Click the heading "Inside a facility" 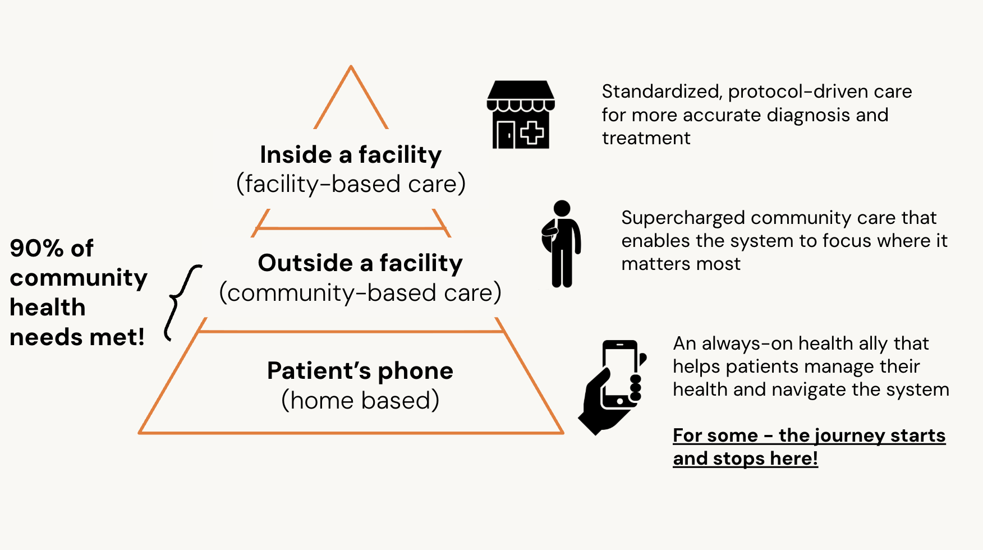point(351,155)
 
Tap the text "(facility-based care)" point(351,184)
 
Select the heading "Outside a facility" point(360,263)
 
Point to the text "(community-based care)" point(360,293)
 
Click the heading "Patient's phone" point(360,371)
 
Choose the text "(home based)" point(360,401)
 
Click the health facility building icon point(521,114)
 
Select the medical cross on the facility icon point(532,133)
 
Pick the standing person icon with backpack point(561,244)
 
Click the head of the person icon point(562,208)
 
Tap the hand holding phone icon point(613,387)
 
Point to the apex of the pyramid point(351,66)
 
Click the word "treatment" point(646,138)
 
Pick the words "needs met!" point(77,337)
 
